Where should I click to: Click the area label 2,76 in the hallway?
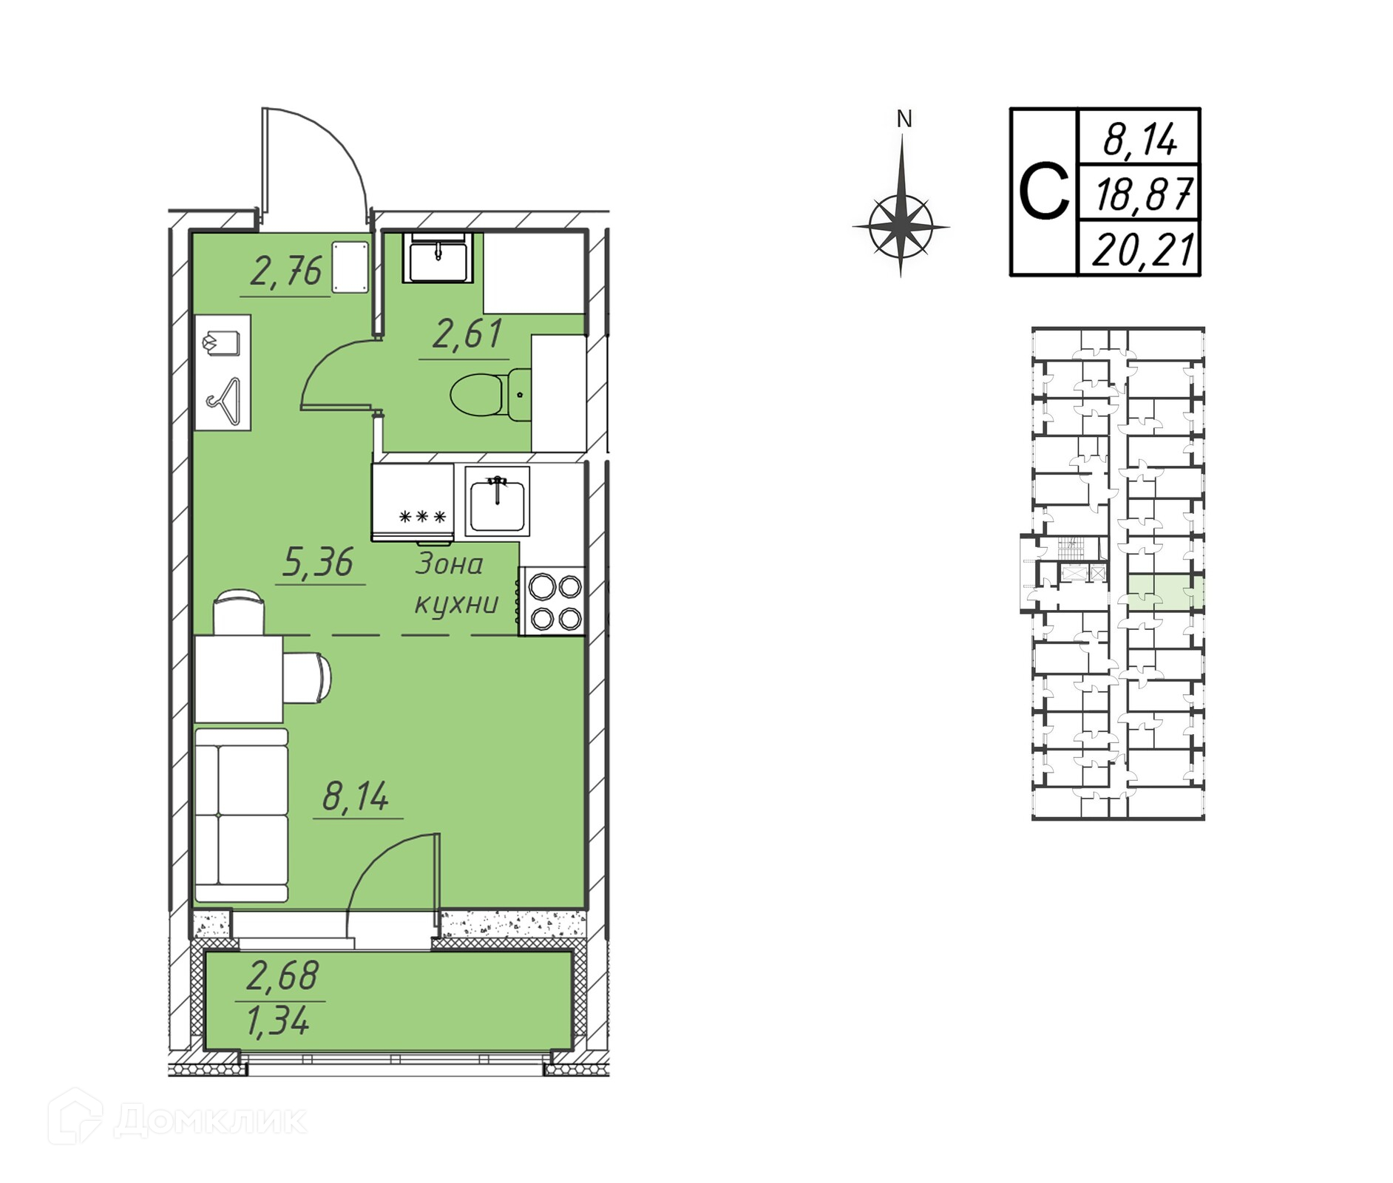pyautogui.click(x=286, y=272)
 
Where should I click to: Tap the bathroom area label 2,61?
pyautogui.click(x=467, y=334)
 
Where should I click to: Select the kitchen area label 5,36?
pyautogui.click(x=319, y=563)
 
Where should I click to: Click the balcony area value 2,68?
pyautogui.click(x=282, y=976)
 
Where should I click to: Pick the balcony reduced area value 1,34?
pyautogui.click(x=277, y=1023)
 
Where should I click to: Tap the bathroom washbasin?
pyautogui.click(x=438, y=258)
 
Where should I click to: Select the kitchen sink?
pyautogui.click(x=497, y=501)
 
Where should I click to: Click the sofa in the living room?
pyautogui.click(x=241, y=815)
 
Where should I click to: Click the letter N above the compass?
pyautogui.click(x=904, y=119)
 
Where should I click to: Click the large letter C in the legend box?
pyautogui.click(x=1043, y=192)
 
